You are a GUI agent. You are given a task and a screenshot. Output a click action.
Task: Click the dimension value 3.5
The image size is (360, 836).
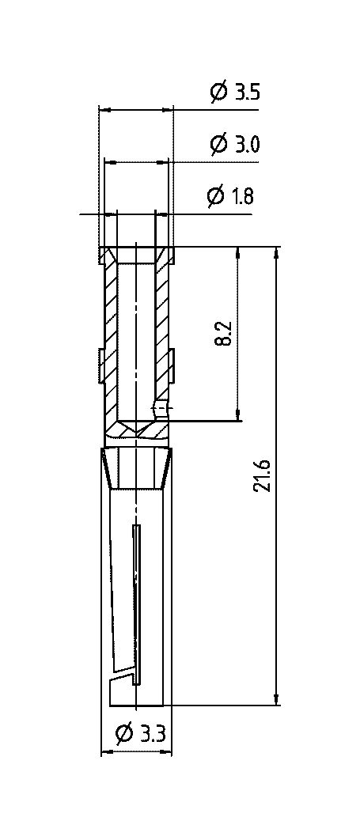(247, 93)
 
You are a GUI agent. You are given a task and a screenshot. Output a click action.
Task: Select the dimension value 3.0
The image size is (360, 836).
(247, 145)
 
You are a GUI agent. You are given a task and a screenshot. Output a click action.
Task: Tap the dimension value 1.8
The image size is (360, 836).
(243, 197)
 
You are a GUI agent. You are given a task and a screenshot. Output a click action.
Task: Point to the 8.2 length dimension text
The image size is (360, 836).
(224, 334)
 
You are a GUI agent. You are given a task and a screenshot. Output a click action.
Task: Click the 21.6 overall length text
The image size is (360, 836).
(263, 475)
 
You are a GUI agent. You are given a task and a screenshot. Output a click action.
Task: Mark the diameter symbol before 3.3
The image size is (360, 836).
(124, 735)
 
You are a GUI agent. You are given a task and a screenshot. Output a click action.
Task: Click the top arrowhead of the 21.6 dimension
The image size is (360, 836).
(276, 253)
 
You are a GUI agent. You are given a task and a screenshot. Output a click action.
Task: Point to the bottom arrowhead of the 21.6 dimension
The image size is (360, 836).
(276, 698)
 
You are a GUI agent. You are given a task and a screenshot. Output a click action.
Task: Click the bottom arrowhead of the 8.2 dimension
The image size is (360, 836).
(237, 414)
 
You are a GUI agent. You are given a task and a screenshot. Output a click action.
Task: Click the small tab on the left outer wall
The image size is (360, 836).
(100, 365)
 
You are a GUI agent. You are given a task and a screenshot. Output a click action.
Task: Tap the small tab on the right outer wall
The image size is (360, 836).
(172, 365)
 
